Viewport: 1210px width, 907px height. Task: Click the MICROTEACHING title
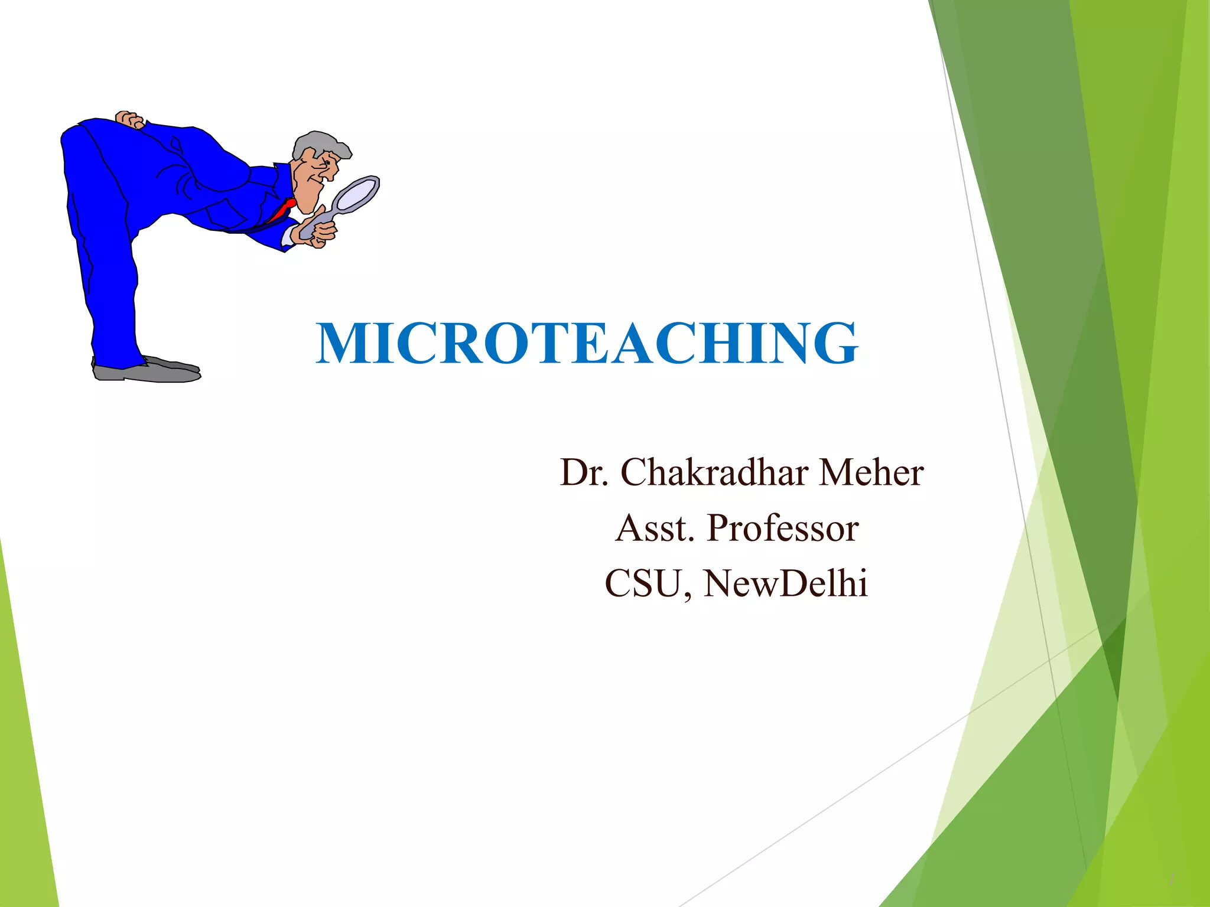click(x=587, y=343)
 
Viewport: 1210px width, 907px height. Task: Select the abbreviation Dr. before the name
click(x=584, y=472)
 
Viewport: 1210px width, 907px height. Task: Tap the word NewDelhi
click(x=786, y=583)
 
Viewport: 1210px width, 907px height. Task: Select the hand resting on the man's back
click(x=129, y=119)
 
